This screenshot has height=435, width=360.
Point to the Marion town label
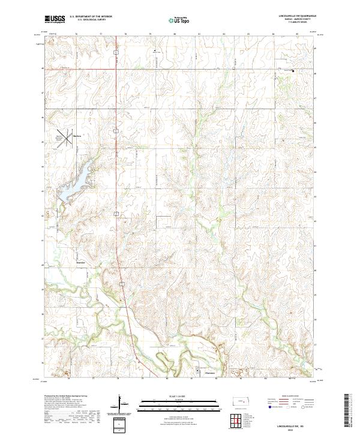tap(76, 136)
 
